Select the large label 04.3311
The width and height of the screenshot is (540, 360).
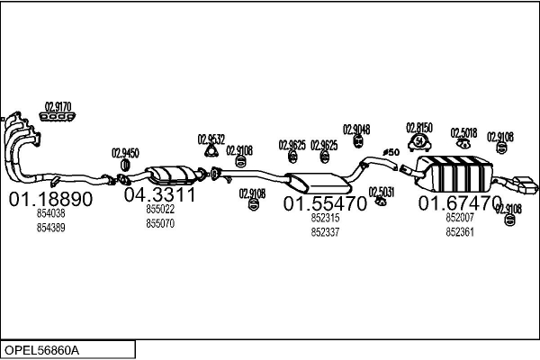pos(159,194)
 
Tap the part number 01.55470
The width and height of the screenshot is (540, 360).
pos(325,204)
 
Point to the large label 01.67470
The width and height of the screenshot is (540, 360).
pos(459,203)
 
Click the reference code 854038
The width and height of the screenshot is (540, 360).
pos(50,214)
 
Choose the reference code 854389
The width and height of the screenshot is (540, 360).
pos(50,228)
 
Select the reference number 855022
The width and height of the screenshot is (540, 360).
pos(160,209)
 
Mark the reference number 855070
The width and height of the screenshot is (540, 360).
pos(160,222)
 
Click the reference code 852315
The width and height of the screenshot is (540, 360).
pos(325,218)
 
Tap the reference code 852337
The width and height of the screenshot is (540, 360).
pos(325,231)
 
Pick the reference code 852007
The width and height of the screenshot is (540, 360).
pos(460,217)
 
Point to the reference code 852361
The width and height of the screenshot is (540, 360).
pos(460,231)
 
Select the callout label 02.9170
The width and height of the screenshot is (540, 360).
pos(58,104)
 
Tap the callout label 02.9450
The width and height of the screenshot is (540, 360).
pos(125,153)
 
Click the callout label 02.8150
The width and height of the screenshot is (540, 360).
pos(419,127)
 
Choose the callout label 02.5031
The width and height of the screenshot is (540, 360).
pos(381,191)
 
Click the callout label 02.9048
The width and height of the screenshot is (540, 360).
pos(356,129)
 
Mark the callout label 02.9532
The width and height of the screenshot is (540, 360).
pos(211,139)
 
